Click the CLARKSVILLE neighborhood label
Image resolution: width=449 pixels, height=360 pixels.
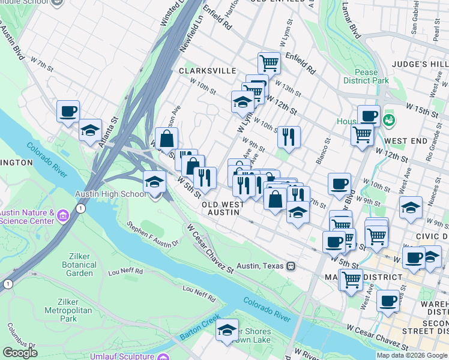click(208, 70)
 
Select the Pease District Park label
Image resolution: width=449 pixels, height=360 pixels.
click(366, 76)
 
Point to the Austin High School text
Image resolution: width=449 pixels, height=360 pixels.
click(110, 194)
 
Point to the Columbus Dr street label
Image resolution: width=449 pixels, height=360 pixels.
click(18, 336)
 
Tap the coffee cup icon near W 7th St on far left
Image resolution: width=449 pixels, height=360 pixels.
click(68, 111)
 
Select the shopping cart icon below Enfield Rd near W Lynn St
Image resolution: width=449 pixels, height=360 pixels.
click(269, 62)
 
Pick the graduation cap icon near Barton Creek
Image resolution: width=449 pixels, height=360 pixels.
click(227, 330)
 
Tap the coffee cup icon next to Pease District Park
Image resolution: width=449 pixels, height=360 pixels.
click(369, 115)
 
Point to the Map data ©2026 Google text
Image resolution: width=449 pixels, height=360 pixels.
click(411, 355)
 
